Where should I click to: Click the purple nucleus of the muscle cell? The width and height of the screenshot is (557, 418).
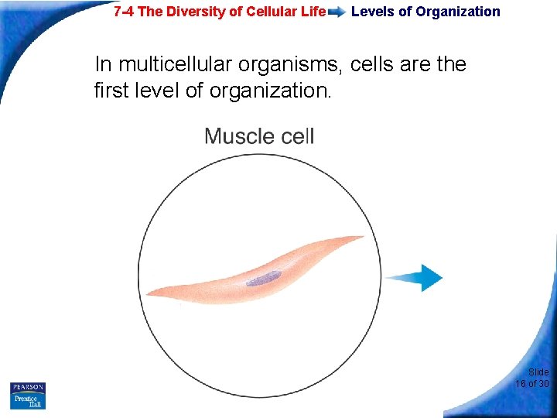264,278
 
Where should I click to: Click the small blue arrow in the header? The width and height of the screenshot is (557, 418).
337,12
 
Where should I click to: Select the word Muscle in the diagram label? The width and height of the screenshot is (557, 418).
237,137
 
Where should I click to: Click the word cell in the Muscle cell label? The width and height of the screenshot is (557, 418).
296,137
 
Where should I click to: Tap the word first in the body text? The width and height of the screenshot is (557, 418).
114,91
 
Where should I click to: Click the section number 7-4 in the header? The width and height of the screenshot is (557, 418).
124,12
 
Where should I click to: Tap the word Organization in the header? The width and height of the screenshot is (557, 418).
458,12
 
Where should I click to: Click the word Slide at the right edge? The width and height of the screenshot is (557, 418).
538,372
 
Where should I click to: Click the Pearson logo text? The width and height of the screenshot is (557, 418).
28,387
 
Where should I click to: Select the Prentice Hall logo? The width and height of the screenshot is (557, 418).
28,401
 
